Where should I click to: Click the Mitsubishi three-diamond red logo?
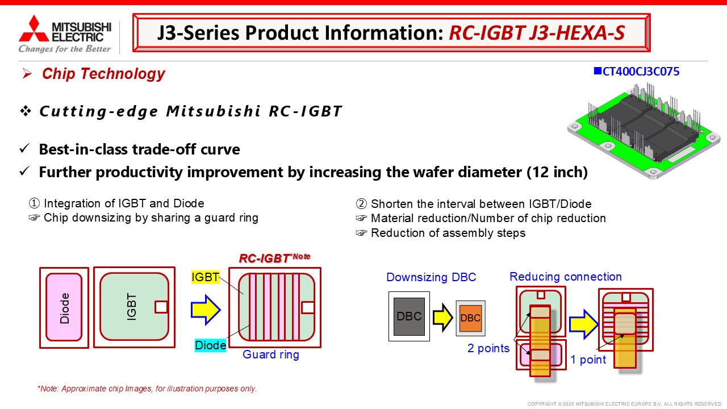tap(34, 29)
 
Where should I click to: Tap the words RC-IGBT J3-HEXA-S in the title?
tap(537, 32)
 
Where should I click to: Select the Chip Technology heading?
tap(103, 73)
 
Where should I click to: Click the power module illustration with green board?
tap(644, 131)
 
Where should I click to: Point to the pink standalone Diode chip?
tap(64, 307)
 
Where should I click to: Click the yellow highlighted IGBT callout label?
tap(205, 277)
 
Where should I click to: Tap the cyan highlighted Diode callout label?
tap(210, 345)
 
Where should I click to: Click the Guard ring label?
tap(271, 354)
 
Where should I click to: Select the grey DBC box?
tap(409, 316)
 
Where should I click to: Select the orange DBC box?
tap(471, 318)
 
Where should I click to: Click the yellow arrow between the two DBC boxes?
tap(443, 317)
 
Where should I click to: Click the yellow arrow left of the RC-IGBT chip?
tap(206, 310)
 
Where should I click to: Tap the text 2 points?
tap(488, 348)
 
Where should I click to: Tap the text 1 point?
tap(588, 360)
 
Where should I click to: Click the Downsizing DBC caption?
tap(431, 277)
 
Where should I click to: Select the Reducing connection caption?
tap(566, 277)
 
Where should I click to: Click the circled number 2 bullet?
tap(361, 204)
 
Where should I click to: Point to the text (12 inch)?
tap(557, 172)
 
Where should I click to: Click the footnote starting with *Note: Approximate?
tap(147, 389)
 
